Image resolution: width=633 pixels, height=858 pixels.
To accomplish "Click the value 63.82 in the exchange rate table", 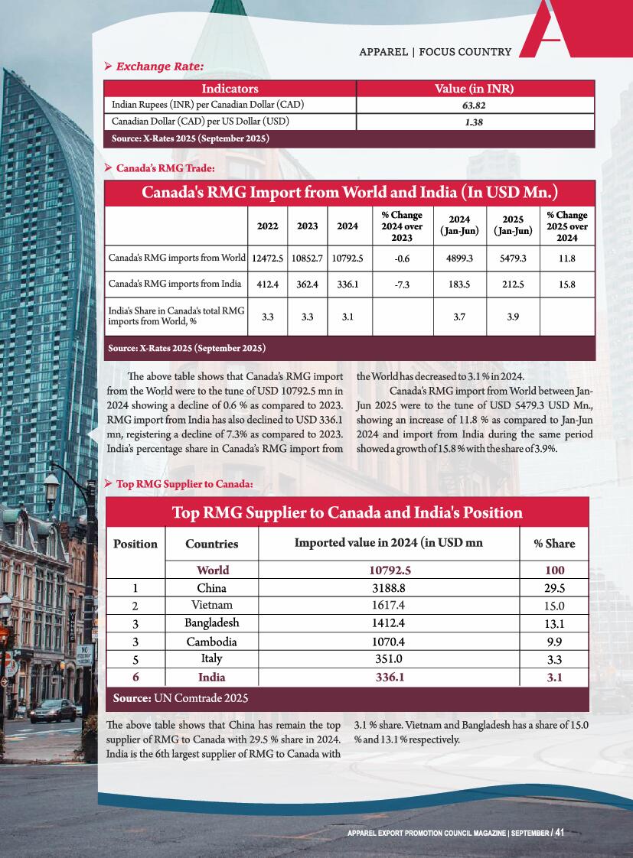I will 474,105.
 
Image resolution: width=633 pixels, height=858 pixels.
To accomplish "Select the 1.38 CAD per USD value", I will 474,122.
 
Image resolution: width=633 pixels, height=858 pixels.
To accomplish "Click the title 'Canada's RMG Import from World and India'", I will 349,191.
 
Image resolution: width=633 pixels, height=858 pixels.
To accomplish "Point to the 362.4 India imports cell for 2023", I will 308,284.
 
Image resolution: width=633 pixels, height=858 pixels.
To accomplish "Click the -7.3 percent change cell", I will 402,284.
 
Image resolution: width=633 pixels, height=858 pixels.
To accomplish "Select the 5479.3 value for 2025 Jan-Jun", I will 513,258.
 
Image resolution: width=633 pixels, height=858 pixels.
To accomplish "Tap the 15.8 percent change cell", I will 566,284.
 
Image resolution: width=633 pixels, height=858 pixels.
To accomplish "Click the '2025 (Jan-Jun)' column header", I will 513,226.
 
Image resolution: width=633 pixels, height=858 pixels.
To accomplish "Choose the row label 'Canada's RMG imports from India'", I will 176,284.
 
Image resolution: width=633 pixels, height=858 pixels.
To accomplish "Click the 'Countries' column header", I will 212,544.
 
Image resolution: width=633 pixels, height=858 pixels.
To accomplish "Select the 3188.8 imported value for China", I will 390,589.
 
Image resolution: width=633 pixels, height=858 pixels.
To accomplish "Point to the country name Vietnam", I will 212,606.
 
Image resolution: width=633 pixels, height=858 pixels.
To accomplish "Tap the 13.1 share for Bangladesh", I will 554,624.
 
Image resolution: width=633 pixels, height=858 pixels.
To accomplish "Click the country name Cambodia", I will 212,642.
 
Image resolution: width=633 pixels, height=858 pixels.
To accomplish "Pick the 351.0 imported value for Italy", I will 390,658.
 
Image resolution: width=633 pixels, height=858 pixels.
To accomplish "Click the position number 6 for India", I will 135,678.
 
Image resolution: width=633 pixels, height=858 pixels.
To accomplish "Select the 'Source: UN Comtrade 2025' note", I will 181,698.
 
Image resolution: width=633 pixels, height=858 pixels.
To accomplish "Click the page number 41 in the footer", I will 560,832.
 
